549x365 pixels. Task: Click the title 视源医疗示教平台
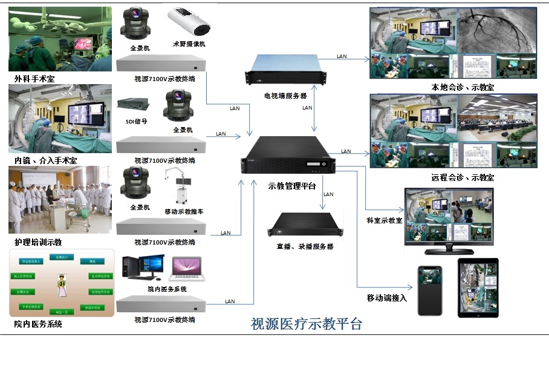(307, 324)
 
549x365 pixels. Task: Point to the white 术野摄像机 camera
(189, 22)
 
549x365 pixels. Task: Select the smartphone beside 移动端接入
(430, 291)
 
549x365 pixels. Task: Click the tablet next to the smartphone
(478, 289)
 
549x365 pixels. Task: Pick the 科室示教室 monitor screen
(449, 217)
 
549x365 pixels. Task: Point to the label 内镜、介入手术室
(46, 160)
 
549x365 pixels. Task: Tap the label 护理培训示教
(38, 242)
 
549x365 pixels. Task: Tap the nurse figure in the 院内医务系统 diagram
(60, 286)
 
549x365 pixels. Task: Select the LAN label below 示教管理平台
(328, 194)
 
